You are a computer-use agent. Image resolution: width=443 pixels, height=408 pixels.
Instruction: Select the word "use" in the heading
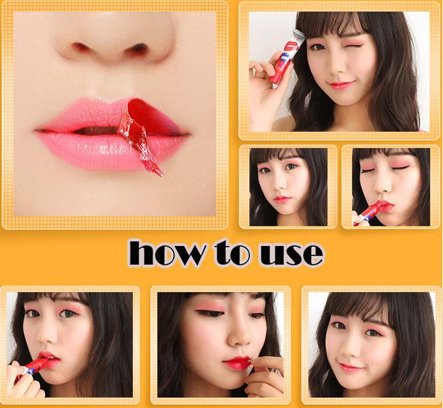tap(292, 254)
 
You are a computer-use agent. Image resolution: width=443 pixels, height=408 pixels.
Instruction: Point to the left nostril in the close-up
tap(80, 47)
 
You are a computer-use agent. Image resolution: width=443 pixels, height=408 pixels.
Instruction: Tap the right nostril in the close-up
tap(139, 49)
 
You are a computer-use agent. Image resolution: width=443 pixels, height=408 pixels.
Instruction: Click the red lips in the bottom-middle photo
tap(237, 363)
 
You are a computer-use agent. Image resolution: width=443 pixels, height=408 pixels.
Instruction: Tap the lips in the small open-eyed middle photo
tap(282, 199)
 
